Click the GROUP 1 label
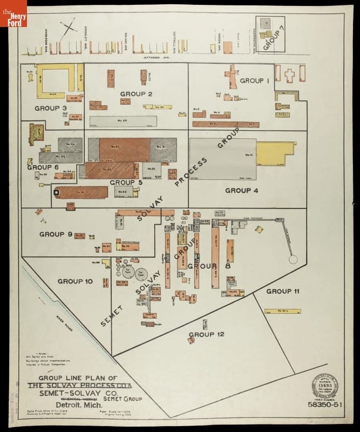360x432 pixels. click(x=254, y=81)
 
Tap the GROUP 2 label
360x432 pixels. click(x=135, y=94)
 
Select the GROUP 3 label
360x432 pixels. click(x=50, y=108)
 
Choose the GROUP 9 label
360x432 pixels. click(x=55, y=234)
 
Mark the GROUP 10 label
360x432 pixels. click(x=75, y=281)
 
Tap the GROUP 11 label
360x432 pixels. click(x=283, y=291)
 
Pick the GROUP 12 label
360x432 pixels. click(x=206, y=335)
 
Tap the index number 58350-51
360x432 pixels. click(x=324, y=404)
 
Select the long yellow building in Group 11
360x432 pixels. click(x=282, y=311)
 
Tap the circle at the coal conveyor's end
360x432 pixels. click(x=293, y=260)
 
